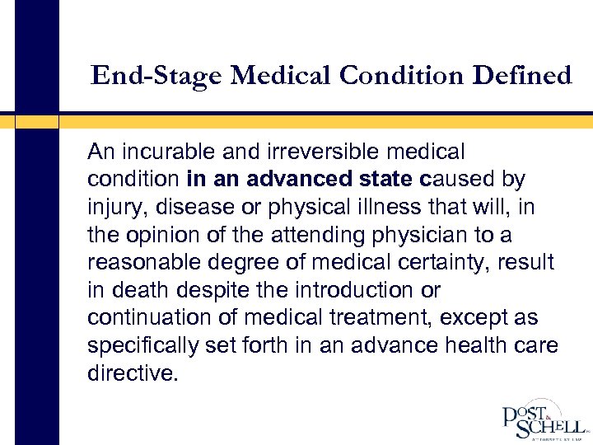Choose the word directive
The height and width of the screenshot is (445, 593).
click(132, 373)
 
